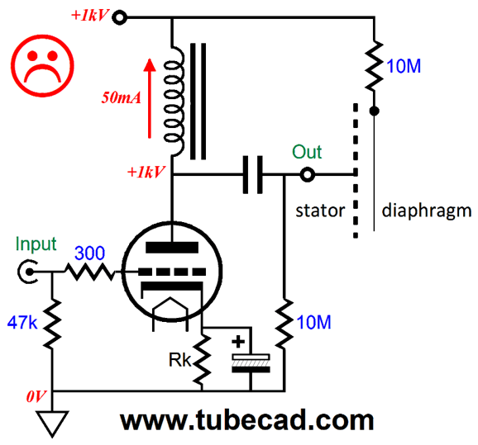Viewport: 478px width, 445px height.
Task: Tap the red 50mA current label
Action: (121, 97)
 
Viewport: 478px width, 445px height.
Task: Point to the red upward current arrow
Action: (150, 98)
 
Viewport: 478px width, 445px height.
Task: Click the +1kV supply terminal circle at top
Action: (119, 17)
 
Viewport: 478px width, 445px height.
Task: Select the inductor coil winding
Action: (174, 102)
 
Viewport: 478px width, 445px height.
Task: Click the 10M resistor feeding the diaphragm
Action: (374, 65)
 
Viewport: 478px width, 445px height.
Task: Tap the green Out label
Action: (307, 152)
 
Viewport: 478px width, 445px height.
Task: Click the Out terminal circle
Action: (308, 175)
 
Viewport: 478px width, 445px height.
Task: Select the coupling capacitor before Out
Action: (252, 175)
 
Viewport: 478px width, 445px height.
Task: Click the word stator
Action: (320, 211)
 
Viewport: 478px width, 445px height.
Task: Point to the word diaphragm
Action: (427, 211)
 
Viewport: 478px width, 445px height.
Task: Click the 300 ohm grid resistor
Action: (90, 272)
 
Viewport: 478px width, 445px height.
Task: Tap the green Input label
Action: (36, 244)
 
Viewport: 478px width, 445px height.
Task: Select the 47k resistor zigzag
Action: (52, 324)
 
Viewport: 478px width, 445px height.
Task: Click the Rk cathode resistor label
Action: (179, 361)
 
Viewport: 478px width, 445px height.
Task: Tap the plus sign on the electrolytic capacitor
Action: (238, 342)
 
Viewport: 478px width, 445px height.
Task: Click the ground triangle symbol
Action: (52, 424)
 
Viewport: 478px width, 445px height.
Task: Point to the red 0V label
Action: (36, 396)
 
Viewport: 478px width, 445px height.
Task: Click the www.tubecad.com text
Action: (247, 420)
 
